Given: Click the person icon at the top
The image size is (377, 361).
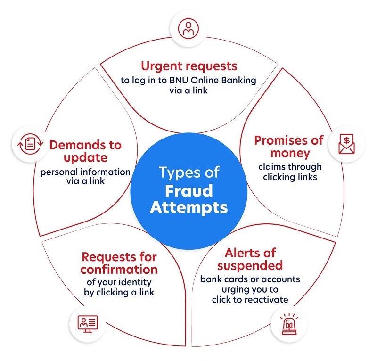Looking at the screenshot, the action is click(x=188, y=29).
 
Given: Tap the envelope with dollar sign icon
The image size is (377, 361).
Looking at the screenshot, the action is click(x=346, y=144).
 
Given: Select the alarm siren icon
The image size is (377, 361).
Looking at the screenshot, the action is click(x=289, y=324).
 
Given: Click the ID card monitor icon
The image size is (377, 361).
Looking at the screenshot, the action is click(x=88, y=324).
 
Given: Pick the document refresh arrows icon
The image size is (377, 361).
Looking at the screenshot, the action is click(x=30, y=144).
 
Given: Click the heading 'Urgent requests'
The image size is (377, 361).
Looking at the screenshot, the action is click(x=189, y=66).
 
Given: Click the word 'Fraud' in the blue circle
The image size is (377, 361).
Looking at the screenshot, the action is click(x=189, y=190).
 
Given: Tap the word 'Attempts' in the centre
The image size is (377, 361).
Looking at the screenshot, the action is click(x=189, y=207).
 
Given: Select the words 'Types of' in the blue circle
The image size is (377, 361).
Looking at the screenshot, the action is click(x=189, y=172).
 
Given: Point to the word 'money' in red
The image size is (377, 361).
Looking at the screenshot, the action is click(x=290, y=153).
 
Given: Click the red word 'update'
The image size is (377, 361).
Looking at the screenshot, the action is click(x=86, y=158).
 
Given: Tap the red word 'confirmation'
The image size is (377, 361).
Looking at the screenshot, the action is click(x=119, y=270).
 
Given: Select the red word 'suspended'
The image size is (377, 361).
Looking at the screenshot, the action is click(x=250, y=265).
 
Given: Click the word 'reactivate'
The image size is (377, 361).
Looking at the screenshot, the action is click(x=264, y=299).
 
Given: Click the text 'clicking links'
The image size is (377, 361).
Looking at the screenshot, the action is click(x=290, y=177).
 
